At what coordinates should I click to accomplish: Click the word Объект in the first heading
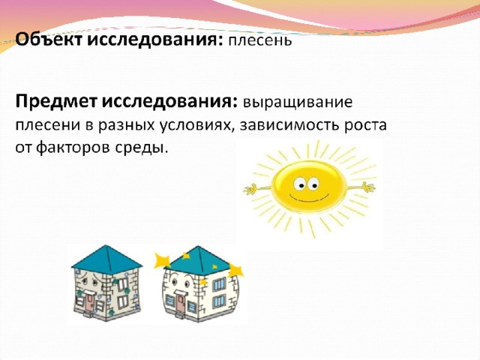pos(49,40)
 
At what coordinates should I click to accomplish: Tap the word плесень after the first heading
pos(260,40)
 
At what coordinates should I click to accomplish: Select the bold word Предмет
pos(56,102)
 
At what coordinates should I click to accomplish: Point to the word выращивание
pos(298,103)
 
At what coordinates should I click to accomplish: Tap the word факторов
pos(73,148)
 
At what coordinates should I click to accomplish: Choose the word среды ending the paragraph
pos(142,148)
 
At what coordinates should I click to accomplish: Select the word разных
pos(126,126)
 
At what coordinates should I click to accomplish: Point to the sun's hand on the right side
pos(368,187)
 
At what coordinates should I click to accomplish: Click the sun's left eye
pos(299,184)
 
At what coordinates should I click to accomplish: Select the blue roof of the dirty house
pos(106,260)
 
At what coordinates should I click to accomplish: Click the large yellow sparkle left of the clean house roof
pos(162,261)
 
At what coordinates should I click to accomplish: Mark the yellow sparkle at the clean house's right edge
pos(236,271)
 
